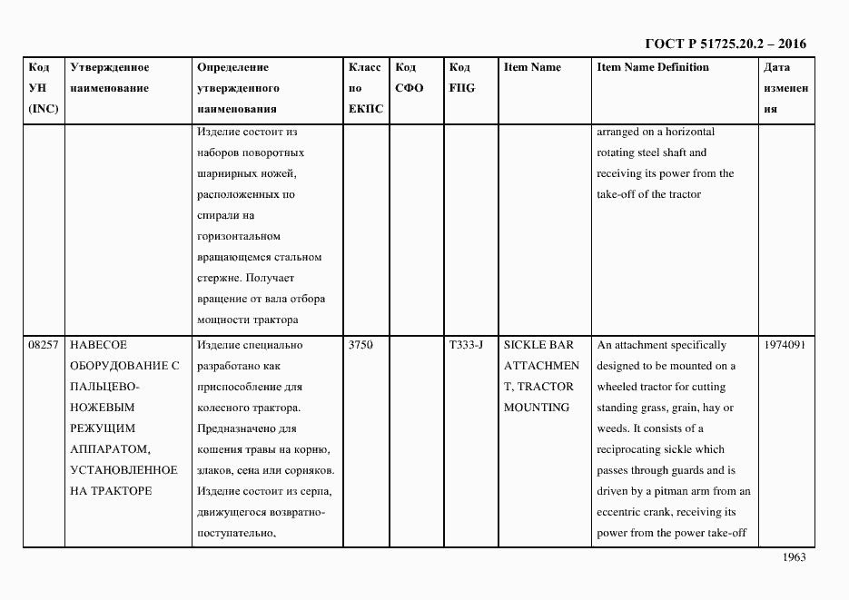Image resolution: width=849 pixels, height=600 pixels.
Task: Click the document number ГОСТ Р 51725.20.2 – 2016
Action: point(725,44)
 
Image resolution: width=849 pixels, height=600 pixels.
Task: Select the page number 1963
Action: point(794,557)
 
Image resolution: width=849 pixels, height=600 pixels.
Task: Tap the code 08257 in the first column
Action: point(44,345)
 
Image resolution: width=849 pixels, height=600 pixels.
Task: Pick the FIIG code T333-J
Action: point(467,345)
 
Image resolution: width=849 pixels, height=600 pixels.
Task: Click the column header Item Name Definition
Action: point(652,67)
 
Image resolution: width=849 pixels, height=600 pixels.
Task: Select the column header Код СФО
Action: point(410,78)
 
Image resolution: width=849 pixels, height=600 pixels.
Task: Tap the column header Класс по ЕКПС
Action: point(365,88)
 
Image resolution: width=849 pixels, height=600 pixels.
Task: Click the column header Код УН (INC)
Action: point(43,88)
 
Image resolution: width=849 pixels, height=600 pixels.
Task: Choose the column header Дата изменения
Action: point(785,88)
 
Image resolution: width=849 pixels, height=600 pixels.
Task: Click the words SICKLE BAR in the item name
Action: point(538,345)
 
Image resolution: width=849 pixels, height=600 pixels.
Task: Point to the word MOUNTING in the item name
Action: point(537,408)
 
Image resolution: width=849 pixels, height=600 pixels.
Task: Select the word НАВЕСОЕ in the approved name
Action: point(99,345)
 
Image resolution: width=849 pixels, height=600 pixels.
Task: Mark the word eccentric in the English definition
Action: point(618,512)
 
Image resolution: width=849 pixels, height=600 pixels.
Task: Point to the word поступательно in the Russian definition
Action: point(235,534)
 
